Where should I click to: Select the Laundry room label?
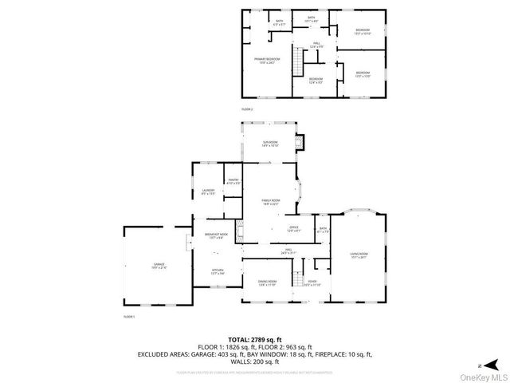208,190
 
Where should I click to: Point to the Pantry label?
233,180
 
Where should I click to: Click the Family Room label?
271,200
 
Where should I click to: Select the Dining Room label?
267,282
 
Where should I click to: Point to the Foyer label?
313,282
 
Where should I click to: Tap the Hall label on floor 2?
316,46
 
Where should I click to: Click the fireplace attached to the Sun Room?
300,144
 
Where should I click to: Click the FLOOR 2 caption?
247,109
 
